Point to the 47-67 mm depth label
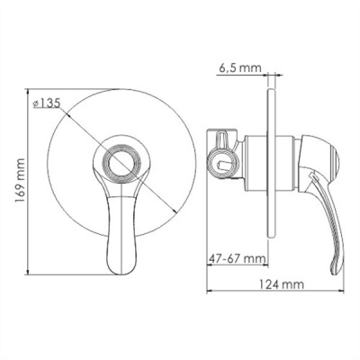(238, 258)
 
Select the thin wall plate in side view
(270, 166)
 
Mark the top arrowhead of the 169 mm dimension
(28, 92)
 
